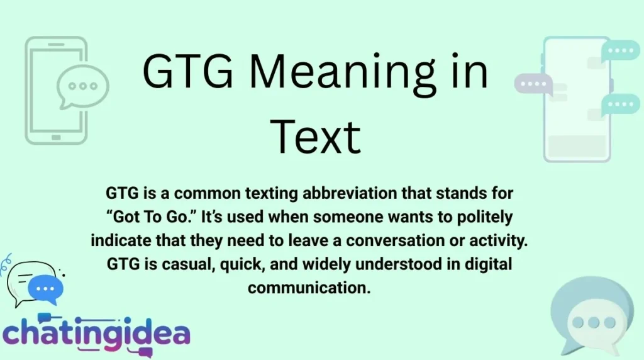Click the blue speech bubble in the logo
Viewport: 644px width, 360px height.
[x=45, y=289]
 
